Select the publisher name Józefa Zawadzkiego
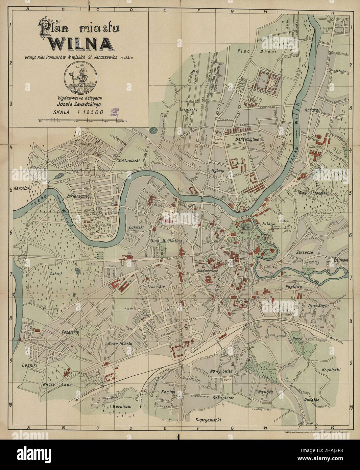[x=80, y=105]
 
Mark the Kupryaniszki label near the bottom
[x=208, y=420]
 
